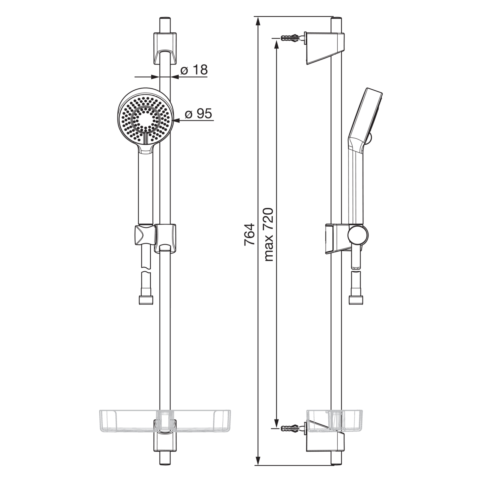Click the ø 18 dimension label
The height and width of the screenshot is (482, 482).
pos(194,70)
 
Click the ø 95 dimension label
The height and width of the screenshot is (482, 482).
pos(198,113)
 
